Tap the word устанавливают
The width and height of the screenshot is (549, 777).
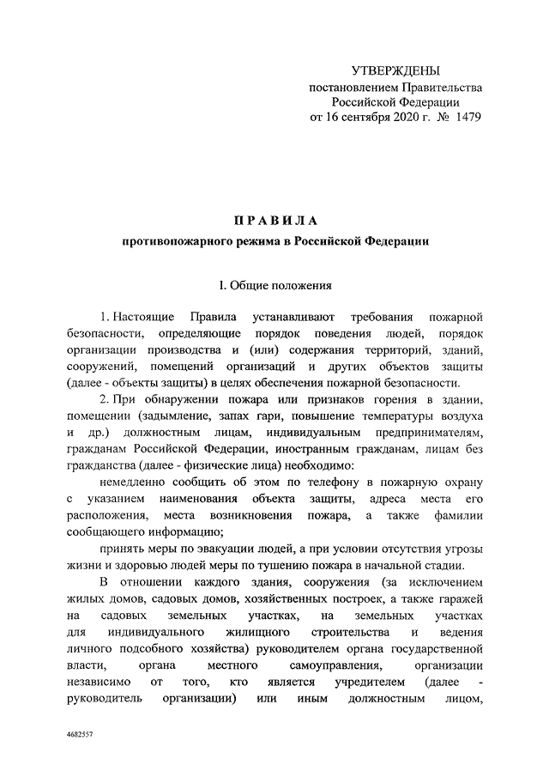click(295, 319)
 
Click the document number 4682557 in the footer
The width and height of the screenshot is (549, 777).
click(81, 737)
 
